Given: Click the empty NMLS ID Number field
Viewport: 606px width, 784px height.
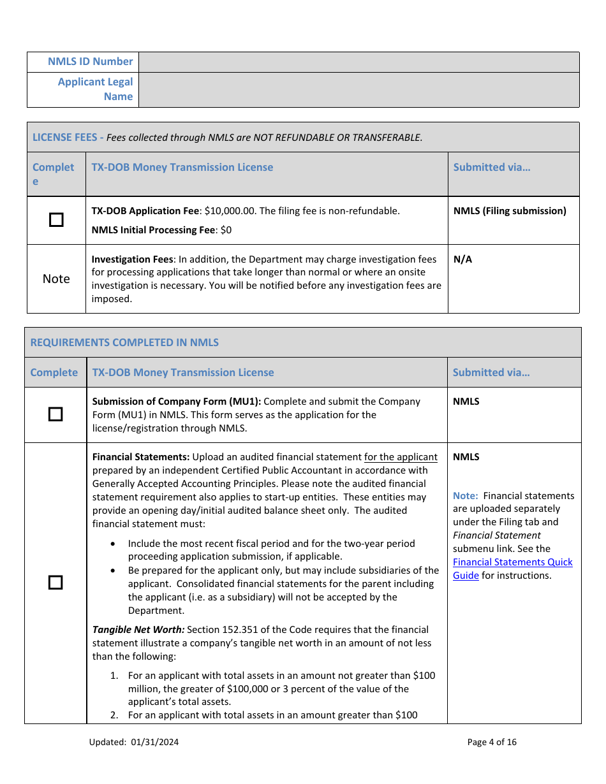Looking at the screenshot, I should (358, 62).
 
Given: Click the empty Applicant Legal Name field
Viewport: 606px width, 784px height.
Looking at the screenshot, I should (358, 89).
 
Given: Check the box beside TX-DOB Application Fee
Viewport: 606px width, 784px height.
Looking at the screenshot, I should (56, 220).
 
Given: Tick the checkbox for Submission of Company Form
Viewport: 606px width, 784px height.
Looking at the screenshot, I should (56, 414).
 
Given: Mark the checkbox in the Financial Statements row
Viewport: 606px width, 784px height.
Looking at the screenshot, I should (56, 582).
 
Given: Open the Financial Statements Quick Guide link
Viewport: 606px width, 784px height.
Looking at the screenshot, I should (512, 569).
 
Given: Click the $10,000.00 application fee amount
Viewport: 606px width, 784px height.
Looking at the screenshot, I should (230, 211).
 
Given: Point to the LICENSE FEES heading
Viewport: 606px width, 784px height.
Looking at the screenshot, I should (67, 137).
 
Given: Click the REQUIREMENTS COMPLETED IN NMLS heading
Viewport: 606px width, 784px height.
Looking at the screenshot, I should (124, 342).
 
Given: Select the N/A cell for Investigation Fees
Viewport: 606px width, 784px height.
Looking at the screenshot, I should (463, 259).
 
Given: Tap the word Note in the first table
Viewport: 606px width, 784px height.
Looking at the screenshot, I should (56, 279).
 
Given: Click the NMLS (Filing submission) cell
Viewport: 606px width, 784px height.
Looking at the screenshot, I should (509, 211).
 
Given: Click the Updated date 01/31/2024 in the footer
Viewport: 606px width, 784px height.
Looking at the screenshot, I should (156, 742).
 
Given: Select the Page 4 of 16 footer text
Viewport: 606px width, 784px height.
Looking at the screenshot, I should (491, 742).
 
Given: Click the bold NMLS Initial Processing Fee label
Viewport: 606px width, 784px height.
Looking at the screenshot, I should (153, 230).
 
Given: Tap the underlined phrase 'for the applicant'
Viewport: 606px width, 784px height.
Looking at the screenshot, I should (401, 457).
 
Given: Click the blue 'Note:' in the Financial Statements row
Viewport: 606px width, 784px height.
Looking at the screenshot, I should (465, 496).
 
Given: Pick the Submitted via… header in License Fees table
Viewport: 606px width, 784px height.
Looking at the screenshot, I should (491, 167).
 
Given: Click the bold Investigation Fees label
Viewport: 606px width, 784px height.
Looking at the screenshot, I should (132, 259).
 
